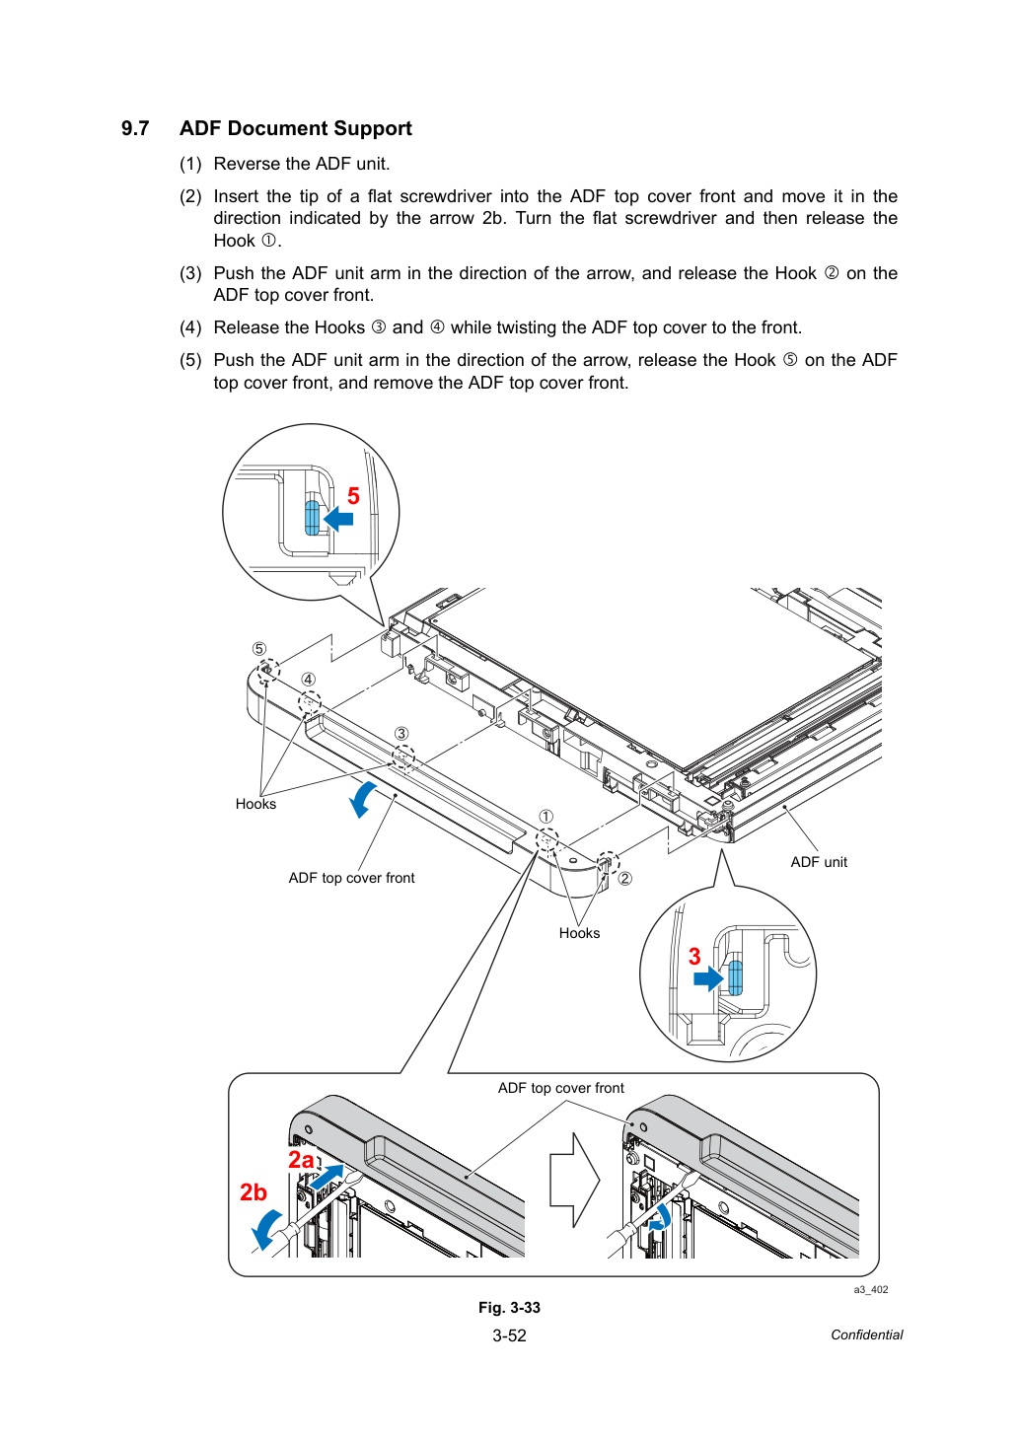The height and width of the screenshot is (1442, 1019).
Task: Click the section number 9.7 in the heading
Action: pos(135,129)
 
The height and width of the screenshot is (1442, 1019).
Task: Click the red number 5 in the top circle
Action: pos(353,496)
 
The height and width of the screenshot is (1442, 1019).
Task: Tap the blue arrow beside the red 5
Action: pos(338,518)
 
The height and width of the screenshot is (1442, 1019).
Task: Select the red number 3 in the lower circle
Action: pos(693,956)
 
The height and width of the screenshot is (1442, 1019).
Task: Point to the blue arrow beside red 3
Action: pos(708,978)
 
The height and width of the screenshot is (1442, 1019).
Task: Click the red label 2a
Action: pos(301,1159)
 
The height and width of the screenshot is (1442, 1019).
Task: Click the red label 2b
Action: pos(253,1192)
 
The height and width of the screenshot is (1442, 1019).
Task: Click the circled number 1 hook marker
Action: pos(546,817)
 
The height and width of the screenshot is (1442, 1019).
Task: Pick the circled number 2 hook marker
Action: pos(624,878)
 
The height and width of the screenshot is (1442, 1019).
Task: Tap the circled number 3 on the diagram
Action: pos(401,733)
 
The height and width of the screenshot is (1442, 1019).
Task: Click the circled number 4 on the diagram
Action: pos(309,680)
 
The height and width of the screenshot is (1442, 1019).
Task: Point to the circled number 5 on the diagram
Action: pos(258,648)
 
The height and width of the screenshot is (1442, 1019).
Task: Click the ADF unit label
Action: pos(818,862)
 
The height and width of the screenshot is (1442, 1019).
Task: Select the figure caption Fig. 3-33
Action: pos(509,1308)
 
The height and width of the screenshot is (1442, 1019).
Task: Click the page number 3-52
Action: pos(509,1335)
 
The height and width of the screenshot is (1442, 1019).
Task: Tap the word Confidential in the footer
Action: pos(866,1334)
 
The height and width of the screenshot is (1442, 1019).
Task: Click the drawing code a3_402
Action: pos(870,1289)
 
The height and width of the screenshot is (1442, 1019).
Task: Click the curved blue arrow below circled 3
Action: pos(362,799)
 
